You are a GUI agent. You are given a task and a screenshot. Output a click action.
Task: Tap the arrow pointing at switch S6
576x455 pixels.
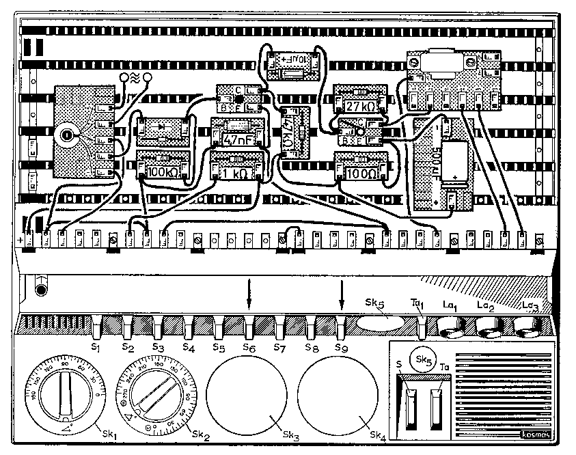tap(249, 294)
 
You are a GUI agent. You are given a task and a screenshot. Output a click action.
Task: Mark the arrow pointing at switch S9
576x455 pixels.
tap(341, 294)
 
